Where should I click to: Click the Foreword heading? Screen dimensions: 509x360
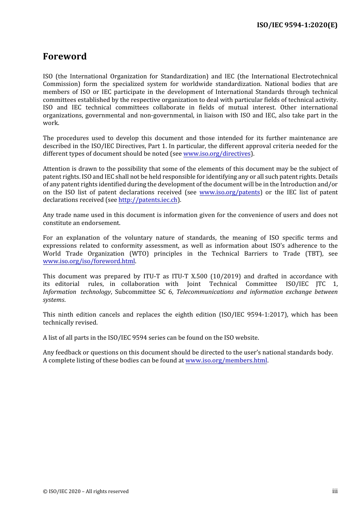click(65, 56)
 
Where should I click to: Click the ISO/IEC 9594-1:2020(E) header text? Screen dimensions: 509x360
click(297, 25)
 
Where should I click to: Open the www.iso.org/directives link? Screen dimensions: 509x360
click(217, 154)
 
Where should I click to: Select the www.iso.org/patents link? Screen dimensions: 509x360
click(230, 192)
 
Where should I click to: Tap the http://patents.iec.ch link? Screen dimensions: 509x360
click(148, 200)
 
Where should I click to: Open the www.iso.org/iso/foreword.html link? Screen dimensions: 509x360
click(89, 261)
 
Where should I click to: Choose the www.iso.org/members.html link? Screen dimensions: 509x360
click(226, 361)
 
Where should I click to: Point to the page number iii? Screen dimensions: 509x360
click(335, 491)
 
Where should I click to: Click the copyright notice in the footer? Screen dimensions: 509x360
click(86, 492)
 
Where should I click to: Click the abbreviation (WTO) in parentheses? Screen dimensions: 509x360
click(139, 254)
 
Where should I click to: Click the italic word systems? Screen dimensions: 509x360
click(53, 300)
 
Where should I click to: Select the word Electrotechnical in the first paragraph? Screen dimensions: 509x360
click(315, 77)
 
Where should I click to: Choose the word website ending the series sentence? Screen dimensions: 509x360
click(246, 338)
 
